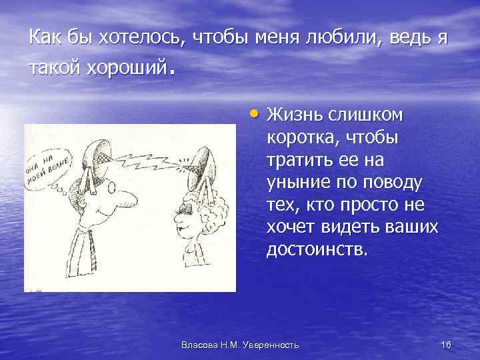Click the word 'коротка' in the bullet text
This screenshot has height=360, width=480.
pos(296,138)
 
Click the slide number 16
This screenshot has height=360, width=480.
pos(446,344)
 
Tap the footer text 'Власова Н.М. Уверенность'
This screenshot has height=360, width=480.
pos(240,344)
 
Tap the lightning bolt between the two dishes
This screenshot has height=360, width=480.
pos(150,161)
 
